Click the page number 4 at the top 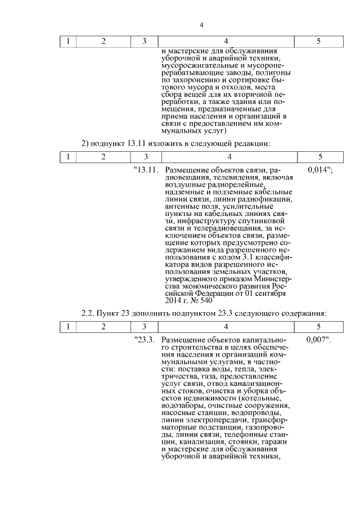201,25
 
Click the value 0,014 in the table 319,169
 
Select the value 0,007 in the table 318,340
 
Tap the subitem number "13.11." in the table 146,169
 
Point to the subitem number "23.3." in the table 145,340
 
